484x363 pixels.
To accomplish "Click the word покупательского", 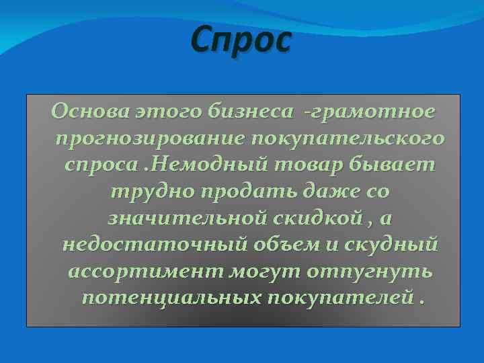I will [x=348, y=138].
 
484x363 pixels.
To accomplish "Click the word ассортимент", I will [x=149, y=272].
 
